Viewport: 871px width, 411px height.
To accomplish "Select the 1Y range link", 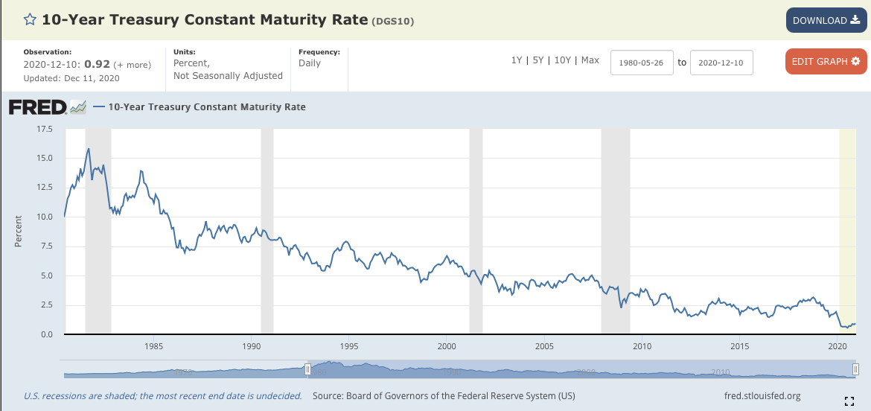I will pyautogui.click(x=517, y=60).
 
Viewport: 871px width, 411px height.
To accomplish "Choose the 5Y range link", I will pyautogui.click(x=538, y=60).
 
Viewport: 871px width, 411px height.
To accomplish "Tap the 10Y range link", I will pyautogui.click(x=563, y=60).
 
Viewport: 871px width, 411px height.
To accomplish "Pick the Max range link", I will pyautogui.click(x=590, y=60).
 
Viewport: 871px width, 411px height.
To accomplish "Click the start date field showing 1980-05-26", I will pyautogui.click(x=642, y=63).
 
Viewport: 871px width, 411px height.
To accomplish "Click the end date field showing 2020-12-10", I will pyautogui.click(x=721, y=63).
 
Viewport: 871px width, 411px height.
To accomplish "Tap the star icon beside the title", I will pyautogui.click(x=30, y=20).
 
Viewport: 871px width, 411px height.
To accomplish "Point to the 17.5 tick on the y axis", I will pyautogui.click(x=44, y=129).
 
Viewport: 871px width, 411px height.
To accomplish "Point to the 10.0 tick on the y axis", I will pyautogui.click(x=44, y=217).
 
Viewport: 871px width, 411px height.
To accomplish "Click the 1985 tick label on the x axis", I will pyautogui.click(x=154, y=346).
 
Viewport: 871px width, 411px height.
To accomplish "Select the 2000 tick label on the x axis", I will pyautogui.click(x=447, y=346).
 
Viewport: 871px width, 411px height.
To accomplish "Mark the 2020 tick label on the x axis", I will pyautogui.click(x=837, y=346).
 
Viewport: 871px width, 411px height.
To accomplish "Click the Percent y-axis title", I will pyautogui.click(x=19, y=231).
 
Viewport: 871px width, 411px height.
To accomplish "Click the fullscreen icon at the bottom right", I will pyautogui.click(x=849, y=401).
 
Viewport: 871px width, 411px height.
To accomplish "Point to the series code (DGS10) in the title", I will pyautogui.click(x=393, y=22).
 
